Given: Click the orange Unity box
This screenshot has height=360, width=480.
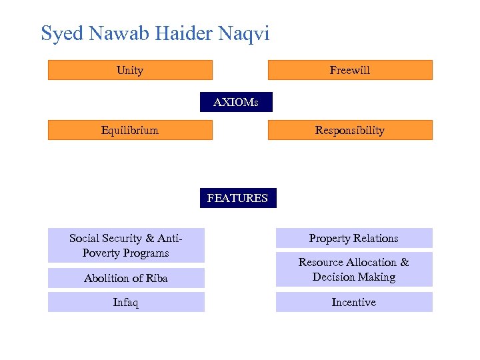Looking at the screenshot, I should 130,70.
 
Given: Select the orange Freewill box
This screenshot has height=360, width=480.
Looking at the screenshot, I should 350,70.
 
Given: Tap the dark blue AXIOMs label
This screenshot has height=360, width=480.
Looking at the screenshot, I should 237,102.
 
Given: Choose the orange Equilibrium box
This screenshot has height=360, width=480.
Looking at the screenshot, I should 130,130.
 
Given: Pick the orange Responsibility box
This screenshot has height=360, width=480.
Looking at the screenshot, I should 350,130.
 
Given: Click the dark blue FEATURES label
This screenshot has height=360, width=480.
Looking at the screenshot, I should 237,198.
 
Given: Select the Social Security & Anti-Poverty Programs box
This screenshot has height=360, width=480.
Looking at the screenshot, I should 126,245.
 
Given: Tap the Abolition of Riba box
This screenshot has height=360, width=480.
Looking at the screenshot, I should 126,278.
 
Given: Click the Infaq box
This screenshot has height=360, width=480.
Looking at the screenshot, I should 126,302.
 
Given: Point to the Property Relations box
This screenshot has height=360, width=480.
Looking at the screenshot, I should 354,238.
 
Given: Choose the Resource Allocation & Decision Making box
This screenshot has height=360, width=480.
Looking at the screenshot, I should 354,269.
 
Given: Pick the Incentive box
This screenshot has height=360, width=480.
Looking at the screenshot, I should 354,302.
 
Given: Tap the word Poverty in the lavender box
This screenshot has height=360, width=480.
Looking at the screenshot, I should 104,253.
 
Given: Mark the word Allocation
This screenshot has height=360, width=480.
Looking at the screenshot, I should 374,262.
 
